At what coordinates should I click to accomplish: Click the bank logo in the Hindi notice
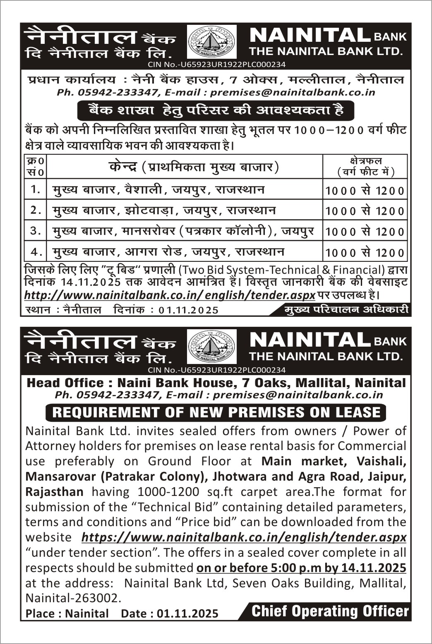pyautogui.click(x=212, y=42)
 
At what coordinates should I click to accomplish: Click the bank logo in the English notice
pyautogui.click(x=212, y=346)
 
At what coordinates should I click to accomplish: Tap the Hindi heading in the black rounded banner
pyautogui.click(x=216, y=110)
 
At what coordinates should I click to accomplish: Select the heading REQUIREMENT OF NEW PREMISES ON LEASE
pyautogui.click(x=216, y=412)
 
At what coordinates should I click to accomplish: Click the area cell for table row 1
pyautogui.click(x=365, y=190)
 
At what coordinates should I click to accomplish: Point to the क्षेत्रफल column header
pyautogui.click(x=365, y=166)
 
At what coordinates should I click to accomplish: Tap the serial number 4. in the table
pyautogui.click(x=36, y=251)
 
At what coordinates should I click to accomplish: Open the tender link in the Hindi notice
pyautogui.click(x=170, y=295)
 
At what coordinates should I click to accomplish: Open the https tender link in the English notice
pyautogui.click(x=244, y=537)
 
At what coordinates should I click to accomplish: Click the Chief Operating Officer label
pyautogui.click(x=330, y=611)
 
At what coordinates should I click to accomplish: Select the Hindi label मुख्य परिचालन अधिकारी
pyautogui.click(x=346, y=309)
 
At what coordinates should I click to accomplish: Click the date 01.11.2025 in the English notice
pyautogui.click(x=187, y=613)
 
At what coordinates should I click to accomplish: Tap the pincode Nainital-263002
pyautogui.click(x=74, y=598)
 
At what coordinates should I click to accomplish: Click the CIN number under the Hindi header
pyautogui.click(x=216, y=65)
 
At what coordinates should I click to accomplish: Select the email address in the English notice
pyautogui.click(x=298, y=395)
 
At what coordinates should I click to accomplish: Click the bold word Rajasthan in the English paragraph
pyautogui.click(x=54, y=492)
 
